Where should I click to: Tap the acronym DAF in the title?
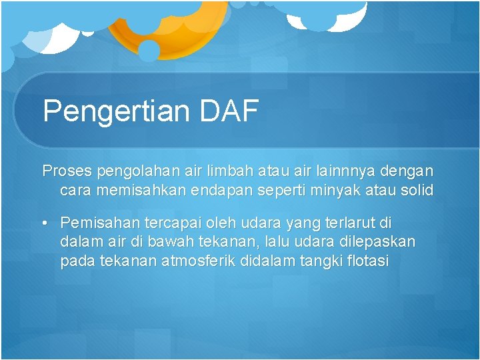(228, 110)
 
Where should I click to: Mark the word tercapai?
(168, 223)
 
